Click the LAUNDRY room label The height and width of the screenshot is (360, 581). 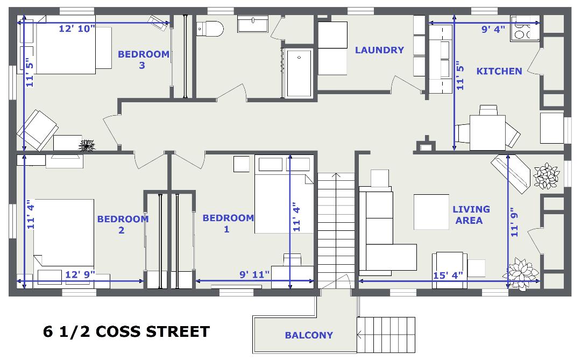[x=379, y=50]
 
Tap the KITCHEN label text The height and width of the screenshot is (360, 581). [x=499, y=71]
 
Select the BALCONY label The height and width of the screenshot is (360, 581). [x=309, y=335]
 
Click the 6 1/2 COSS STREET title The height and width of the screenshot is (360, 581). [x=126, y=331]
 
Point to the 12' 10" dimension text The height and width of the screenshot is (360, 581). [x=77, y=29]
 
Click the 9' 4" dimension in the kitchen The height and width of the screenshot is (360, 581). [x=493, y=29]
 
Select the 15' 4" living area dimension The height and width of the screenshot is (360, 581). [x=448, y=276]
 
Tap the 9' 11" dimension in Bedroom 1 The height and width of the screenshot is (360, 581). [x=254, y=275]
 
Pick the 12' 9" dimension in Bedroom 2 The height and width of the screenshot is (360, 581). [x=80, y=275]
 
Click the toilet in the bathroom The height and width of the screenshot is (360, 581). [x=210, y=29]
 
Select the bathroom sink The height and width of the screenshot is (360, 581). [x=253, y=24]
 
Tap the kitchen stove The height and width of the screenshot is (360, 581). [x=525, y=28]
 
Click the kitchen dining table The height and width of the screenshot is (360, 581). [x=487, y=133]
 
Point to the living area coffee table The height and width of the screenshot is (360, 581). [x=431, y=212]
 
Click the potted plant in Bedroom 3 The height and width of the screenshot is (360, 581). [x=88, y=145]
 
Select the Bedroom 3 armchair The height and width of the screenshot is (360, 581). [x=37, y=130]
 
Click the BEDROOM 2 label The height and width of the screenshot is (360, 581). [x=123, y=224]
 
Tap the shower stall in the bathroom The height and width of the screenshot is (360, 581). [x=299, y=73]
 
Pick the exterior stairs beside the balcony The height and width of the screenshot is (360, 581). [x=386, y=335]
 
